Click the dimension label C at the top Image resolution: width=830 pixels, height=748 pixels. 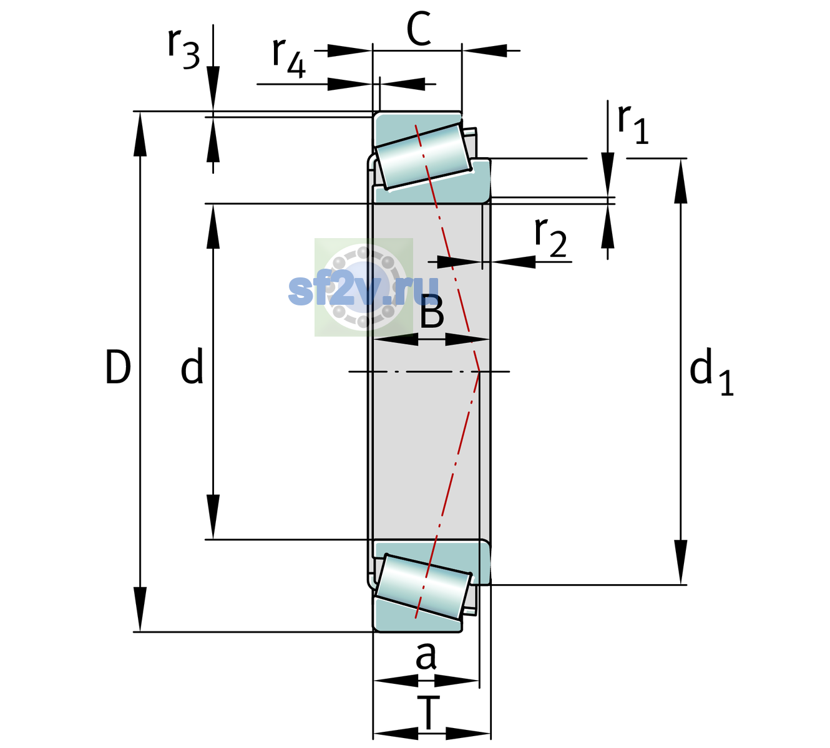pos(419,29)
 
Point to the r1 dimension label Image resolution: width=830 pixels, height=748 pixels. pos(633,124)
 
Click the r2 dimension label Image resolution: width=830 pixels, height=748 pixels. pos(550,237)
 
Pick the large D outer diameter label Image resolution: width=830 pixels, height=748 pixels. pos(118,367)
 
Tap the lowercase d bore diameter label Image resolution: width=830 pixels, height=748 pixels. pos(192,366)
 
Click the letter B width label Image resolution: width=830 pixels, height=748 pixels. pos(432,312)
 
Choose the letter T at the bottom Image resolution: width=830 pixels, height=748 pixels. pos(428,712)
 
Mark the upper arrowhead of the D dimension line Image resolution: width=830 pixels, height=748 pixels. pos(140,134)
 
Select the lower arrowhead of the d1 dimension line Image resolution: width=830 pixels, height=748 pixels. pos(681,562)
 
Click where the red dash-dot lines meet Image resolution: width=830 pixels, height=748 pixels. pos(479,372)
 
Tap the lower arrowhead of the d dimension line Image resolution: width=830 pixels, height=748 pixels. pos(213,517)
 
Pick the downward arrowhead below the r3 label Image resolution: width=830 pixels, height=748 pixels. pos(213,89)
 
